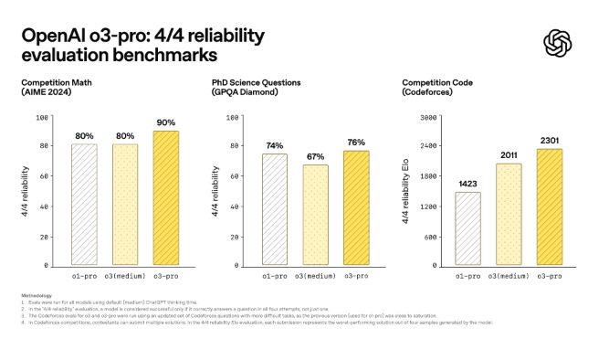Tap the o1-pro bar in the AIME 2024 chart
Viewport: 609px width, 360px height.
(84, 205)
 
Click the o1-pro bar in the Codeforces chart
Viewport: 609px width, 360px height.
(467, 228)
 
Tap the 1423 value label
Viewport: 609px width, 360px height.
(467, 184)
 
